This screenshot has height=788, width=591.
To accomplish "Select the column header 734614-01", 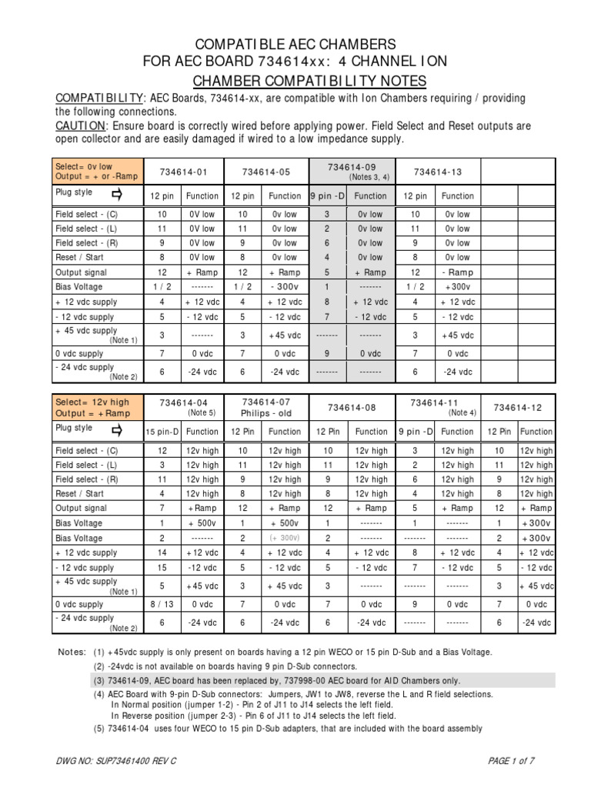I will coord(180,172).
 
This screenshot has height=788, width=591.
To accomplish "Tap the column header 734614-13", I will coord(436,172).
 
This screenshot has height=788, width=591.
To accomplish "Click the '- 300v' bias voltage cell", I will coord(284,287).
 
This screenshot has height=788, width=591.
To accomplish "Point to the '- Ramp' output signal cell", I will coord(456,272).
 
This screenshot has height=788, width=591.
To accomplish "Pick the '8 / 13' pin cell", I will coord(163,605).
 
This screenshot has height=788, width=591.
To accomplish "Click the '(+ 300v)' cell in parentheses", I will coord(284,538).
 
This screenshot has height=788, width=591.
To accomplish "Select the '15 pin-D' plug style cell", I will coord(163,432).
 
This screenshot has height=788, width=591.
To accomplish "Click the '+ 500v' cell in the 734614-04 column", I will coord(202,523).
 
